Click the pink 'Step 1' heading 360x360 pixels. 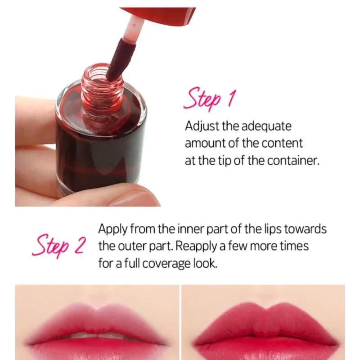pyautogui.click(x=210, y=99)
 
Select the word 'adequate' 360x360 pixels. pyautogui.click(x=266, y=127)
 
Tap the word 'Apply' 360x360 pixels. pyautogui.click(x=113, y=229)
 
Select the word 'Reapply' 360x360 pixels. pyautogui.click(x=196, y=247)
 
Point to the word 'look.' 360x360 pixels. pyautogui.click(x=205, y=263)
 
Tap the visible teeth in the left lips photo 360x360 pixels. pyautogui.click(x=97, y=336)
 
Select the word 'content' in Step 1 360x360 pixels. pyautogui.click(x=282, y=144)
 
